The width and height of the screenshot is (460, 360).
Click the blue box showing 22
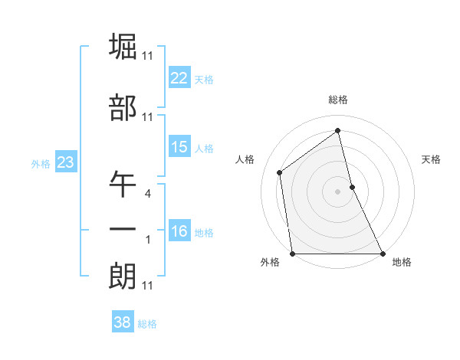point(179,78)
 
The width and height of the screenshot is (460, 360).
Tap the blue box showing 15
point(179,147)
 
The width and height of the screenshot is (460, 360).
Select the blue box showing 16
point(179,232)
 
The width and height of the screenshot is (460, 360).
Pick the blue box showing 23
point(65,162)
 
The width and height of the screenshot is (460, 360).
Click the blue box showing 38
point(123,323)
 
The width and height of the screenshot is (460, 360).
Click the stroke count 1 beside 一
point(147,240)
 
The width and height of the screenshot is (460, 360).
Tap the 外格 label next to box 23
point(41,163)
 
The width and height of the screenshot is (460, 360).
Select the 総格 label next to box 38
point(147,324)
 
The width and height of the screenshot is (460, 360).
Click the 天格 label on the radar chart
point(432,159)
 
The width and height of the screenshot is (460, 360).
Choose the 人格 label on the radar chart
point(245,159)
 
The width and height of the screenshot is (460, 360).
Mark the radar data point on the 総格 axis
point(338,130)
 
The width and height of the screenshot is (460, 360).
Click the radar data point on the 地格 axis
point(382,253)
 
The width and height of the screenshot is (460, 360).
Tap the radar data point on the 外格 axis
point(293,253)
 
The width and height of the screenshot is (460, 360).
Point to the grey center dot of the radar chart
point(337,191)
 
